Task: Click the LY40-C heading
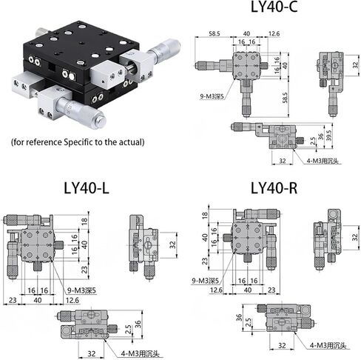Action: (x=274, y=7)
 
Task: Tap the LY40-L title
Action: (x=87, y=188)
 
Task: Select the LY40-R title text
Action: (x=274, y=188)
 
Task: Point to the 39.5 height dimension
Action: (x=329, y=136)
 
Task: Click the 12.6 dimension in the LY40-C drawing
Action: (x=274, y=33)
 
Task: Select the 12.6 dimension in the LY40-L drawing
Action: (x=72, y=300)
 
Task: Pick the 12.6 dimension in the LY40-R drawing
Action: (x=216, y=290)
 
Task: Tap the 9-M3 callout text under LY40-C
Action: (x=212, y=96)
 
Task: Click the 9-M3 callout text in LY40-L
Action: (x=81, y=290)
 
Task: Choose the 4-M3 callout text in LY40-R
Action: (x=328, y=345)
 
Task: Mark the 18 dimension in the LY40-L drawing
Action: (x=84, y=221)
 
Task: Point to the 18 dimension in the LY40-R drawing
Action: (x=205, y=216)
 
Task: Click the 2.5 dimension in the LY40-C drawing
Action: (x=313, y=141)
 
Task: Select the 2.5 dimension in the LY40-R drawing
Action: (x=249, y=323)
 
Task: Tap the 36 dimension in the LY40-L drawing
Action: (x=138, y=324)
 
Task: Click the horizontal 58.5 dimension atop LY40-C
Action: (x=215, y=33)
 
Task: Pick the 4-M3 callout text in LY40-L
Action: (x=140, y=354)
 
